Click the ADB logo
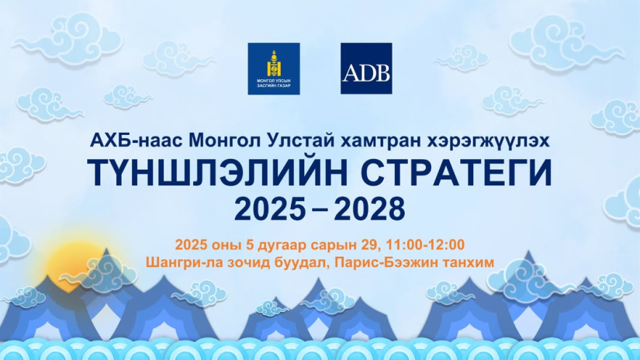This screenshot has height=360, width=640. (366, 68)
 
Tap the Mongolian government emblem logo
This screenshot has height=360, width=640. (274, 68)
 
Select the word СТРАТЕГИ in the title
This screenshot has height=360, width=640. (456, 172)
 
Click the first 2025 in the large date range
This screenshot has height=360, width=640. (270, 209)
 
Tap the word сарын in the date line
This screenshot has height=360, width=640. (334, 246)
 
